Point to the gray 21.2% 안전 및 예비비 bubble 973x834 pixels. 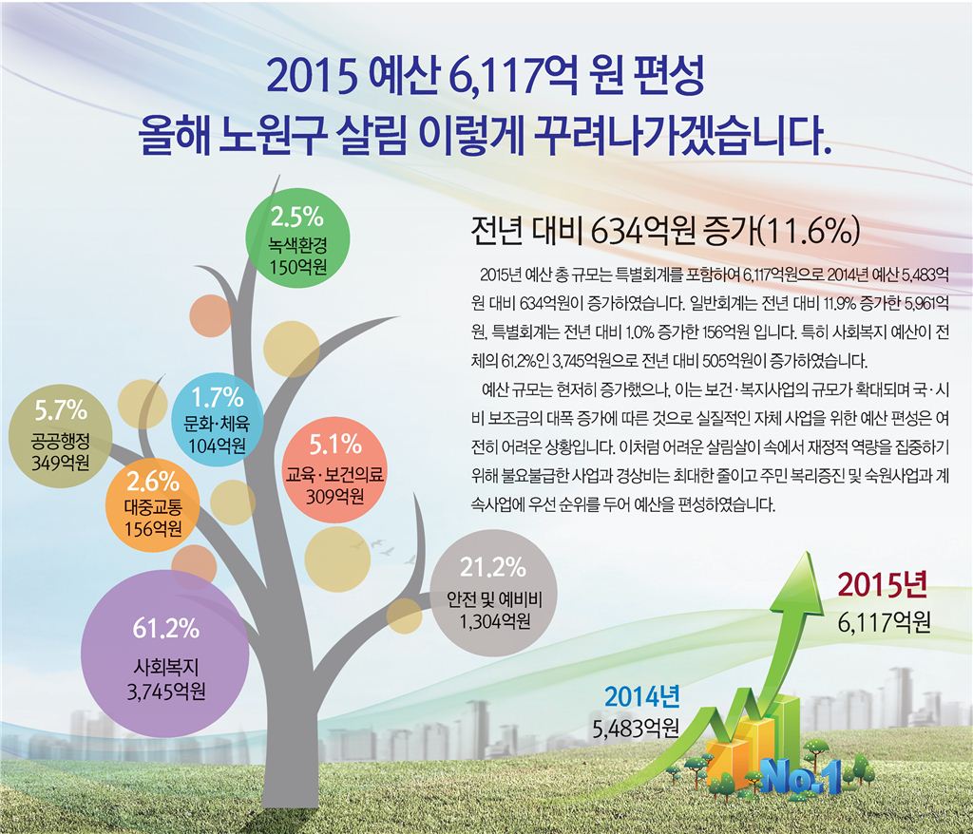pyautogui.click(x=493, y=596)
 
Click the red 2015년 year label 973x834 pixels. pyautogui.click(x=883, y=587)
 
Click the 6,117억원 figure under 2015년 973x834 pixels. pyautogui.click(x=884, y=621)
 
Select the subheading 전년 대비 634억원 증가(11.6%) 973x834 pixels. pyautogui.click(x=665, y=231)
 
